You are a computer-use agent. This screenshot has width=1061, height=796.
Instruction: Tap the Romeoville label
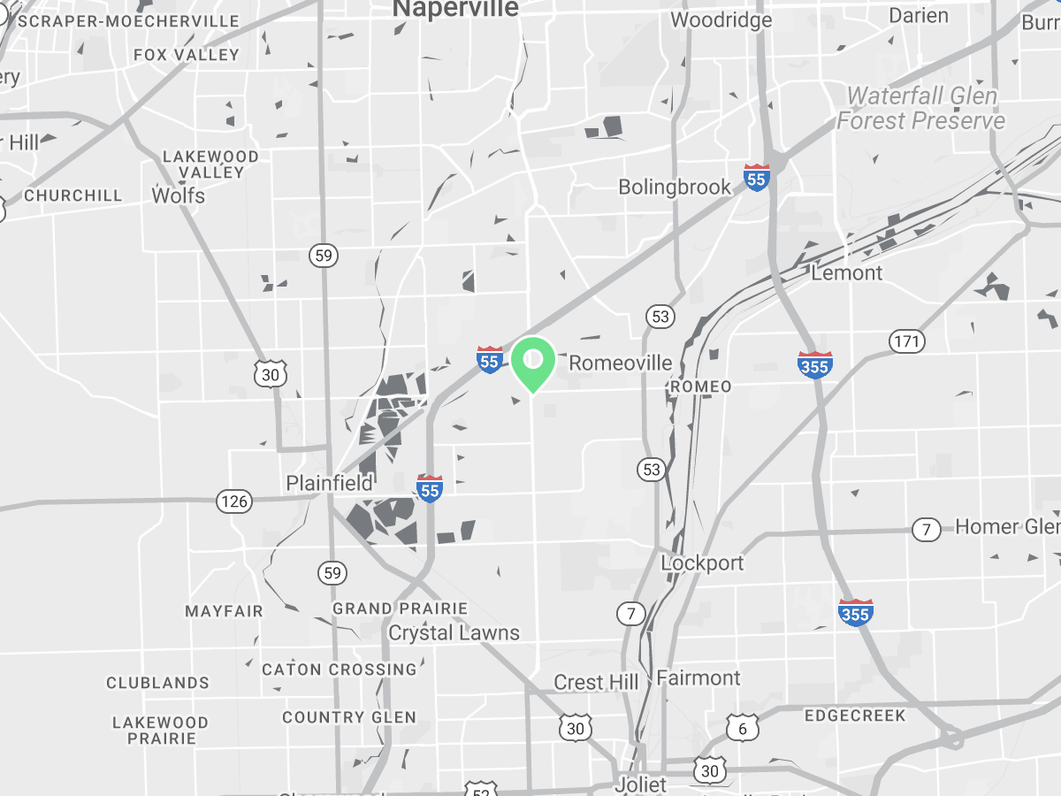coord(620,363)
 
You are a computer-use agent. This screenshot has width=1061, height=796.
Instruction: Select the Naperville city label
coord(455,9)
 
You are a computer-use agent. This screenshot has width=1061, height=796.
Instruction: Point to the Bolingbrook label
coord(675,187)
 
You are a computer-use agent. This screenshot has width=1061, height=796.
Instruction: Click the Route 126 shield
coord(234,502)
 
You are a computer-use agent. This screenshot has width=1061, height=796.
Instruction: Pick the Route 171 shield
coord(906,341)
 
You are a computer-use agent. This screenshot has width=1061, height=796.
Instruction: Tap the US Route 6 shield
coord(742,729)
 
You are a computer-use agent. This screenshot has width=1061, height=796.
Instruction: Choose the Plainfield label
coord(329,483)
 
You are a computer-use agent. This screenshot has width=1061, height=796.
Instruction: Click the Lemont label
coord(846,272)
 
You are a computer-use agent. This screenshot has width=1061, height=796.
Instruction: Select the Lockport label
coord(702,563)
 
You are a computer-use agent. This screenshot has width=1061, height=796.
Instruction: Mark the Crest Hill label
coord(596,682)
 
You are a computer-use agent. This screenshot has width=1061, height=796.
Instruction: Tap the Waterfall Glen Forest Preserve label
coord(921,108)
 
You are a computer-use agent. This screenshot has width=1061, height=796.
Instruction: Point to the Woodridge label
coord(721,19)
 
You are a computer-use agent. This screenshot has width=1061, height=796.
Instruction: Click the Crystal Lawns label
coord(454,632)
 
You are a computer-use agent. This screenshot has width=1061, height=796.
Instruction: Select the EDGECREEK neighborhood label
coord(854,716)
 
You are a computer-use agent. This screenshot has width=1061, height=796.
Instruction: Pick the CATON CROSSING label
coord(339,670)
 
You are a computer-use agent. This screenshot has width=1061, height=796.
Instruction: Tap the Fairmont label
coord(698,677)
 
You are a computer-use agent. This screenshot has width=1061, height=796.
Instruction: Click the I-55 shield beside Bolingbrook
coord(756,177)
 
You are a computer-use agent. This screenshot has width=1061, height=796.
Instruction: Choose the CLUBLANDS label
coord(157,683)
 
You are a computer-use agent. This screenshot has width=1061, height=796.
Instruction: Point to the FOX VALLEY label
coord(186,55)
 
